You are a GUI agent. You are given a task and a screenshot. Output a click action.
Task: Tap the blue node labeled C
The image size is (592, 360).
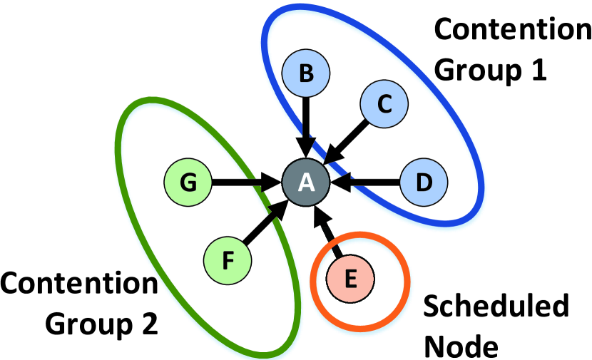(x=384, y=104)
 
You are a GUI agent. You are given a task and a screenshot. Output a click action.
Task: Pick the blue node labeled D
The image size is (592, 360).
(x=423, y=183)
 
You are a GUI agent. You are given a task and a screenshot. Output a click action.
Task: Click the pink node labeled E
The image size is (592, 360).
(x=349, y=278)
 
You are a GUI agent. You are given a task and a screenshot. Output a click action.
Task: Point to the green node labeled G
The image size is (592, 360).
(x=188, y=182)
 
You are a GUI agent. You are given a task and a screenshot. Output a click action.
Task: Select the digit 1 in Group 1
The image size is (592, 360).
(x=536, y=70)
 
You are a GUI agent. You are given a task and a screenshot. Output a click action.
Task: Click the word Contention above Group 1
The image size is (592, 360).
(x=507, y=31)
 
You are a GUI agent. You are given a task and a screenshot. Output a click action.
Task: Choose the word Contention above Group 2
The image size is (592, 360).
(x=78, y=284)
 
